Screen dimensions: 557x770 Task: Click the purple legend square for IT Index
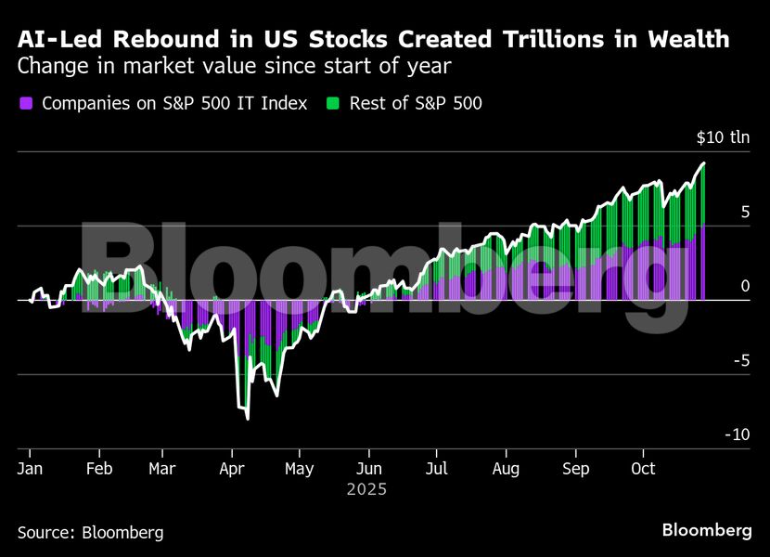(25, 104)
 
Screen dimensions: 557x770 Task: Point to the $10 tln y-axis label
(723, 138)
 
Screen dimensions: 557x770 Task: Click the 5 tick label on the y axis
(744, 213)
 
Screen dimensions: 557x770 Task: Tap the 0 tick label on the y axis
(744, 287)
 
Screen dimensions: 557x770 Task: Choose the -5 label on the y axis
(740, 361)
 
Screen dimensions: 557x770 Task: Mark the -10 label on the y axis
(737, 435)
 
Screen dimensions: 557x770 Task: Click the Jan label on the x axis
(31, 469)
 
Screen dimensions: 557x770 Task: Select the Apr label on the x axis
(232, 469)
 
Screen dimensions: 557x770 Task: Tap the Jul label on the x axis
(436, 469)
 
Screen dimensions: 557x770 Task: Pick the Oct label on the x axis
(643, 469)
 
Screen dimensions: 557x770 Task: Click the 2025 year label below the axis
(366, 488)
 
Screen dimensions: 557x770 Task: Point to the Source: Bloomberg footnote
(90, 533)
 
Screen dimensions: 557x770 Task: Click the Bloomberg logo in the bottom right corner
(707, 531)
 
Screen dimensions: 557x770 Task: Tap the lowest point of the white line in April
(248, 419)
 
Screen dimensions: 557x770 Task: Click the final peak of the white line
(704, 163)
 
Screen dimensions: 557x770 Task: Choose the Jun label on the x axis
(369, 469)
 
